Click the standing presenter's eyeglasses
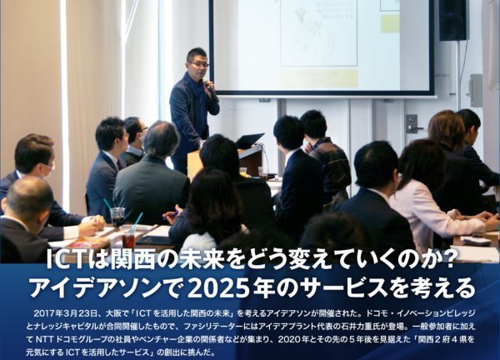click(x=199, y=64)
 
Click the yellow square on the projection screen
click(x=389, y=22)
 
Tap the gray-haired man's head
click(x=161, y=138)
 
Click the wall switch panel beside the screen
click(x=411, y=123)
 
